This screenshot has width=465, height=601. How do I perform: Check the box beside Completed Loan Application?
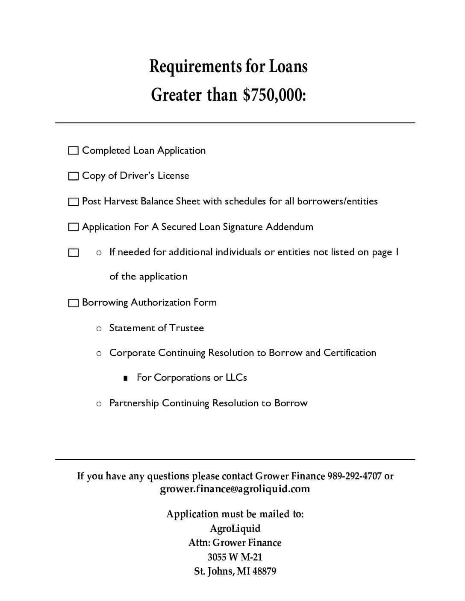[x=74, y=151]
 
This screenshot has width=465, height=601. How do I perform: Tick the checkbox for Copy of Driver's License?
[x=74, y=176]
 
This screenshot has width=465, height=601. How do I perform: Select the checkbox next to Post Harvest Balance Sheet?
[x=74, y=202]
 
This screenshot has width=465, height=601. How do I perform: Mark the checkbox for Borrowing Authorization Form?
[x=74, y=303]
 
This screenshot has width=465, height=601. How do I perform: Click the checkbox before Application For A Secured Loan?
[x=74, y=227]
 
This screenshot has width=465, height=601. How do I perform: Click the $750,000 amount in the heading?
[x=274, y=95]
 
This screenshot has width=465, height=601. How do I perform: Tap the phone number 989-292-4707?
[x=354, y=476]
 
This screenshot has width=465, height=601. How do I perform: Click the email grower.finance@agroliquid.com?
[x=235, y=489]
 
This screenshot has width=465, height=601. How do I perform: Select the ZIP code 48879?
[x=264, y=571]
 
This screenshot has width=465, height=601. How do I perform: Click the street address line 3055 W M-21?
[x=235, y=557]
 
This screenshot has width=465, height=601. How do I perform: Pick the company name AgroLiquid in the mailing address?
[x=235, y=528]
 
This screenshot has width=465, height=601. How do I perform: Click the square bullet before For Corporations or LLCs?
[x=125, y=378]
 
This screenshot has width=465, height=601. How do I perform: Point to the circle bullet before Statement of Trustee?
[x=99, y=329]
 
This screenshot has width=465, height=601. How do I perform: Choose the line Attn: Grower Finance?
[x=235, y=543]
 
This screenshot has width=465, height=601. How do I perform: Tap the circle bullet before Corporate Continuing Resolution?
[x=99, y=353]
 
